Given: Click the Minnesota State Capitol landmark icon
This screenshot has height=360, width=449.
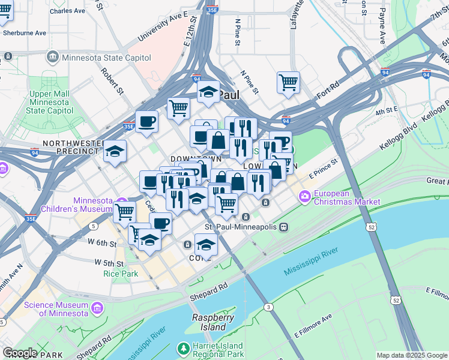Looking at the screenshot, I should pos(52,56).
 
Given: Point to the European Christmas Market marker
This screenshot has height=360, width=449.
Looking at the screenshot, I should pos(305,196).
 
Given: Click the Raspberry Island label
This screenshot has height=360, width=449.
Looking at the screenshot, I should pos(209,322).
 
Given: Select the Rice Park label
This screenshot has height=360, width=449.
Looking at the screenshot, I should pos(121,274).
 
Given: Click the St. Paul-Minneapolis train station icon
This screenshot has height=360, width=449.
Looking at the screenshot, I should pos(283,227).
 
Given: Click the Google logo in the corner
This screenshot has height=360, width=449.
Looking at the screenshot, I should pos(19,353).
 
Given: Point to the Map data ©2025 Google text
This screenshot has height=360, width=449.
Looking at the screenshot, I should pos(412,355).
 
